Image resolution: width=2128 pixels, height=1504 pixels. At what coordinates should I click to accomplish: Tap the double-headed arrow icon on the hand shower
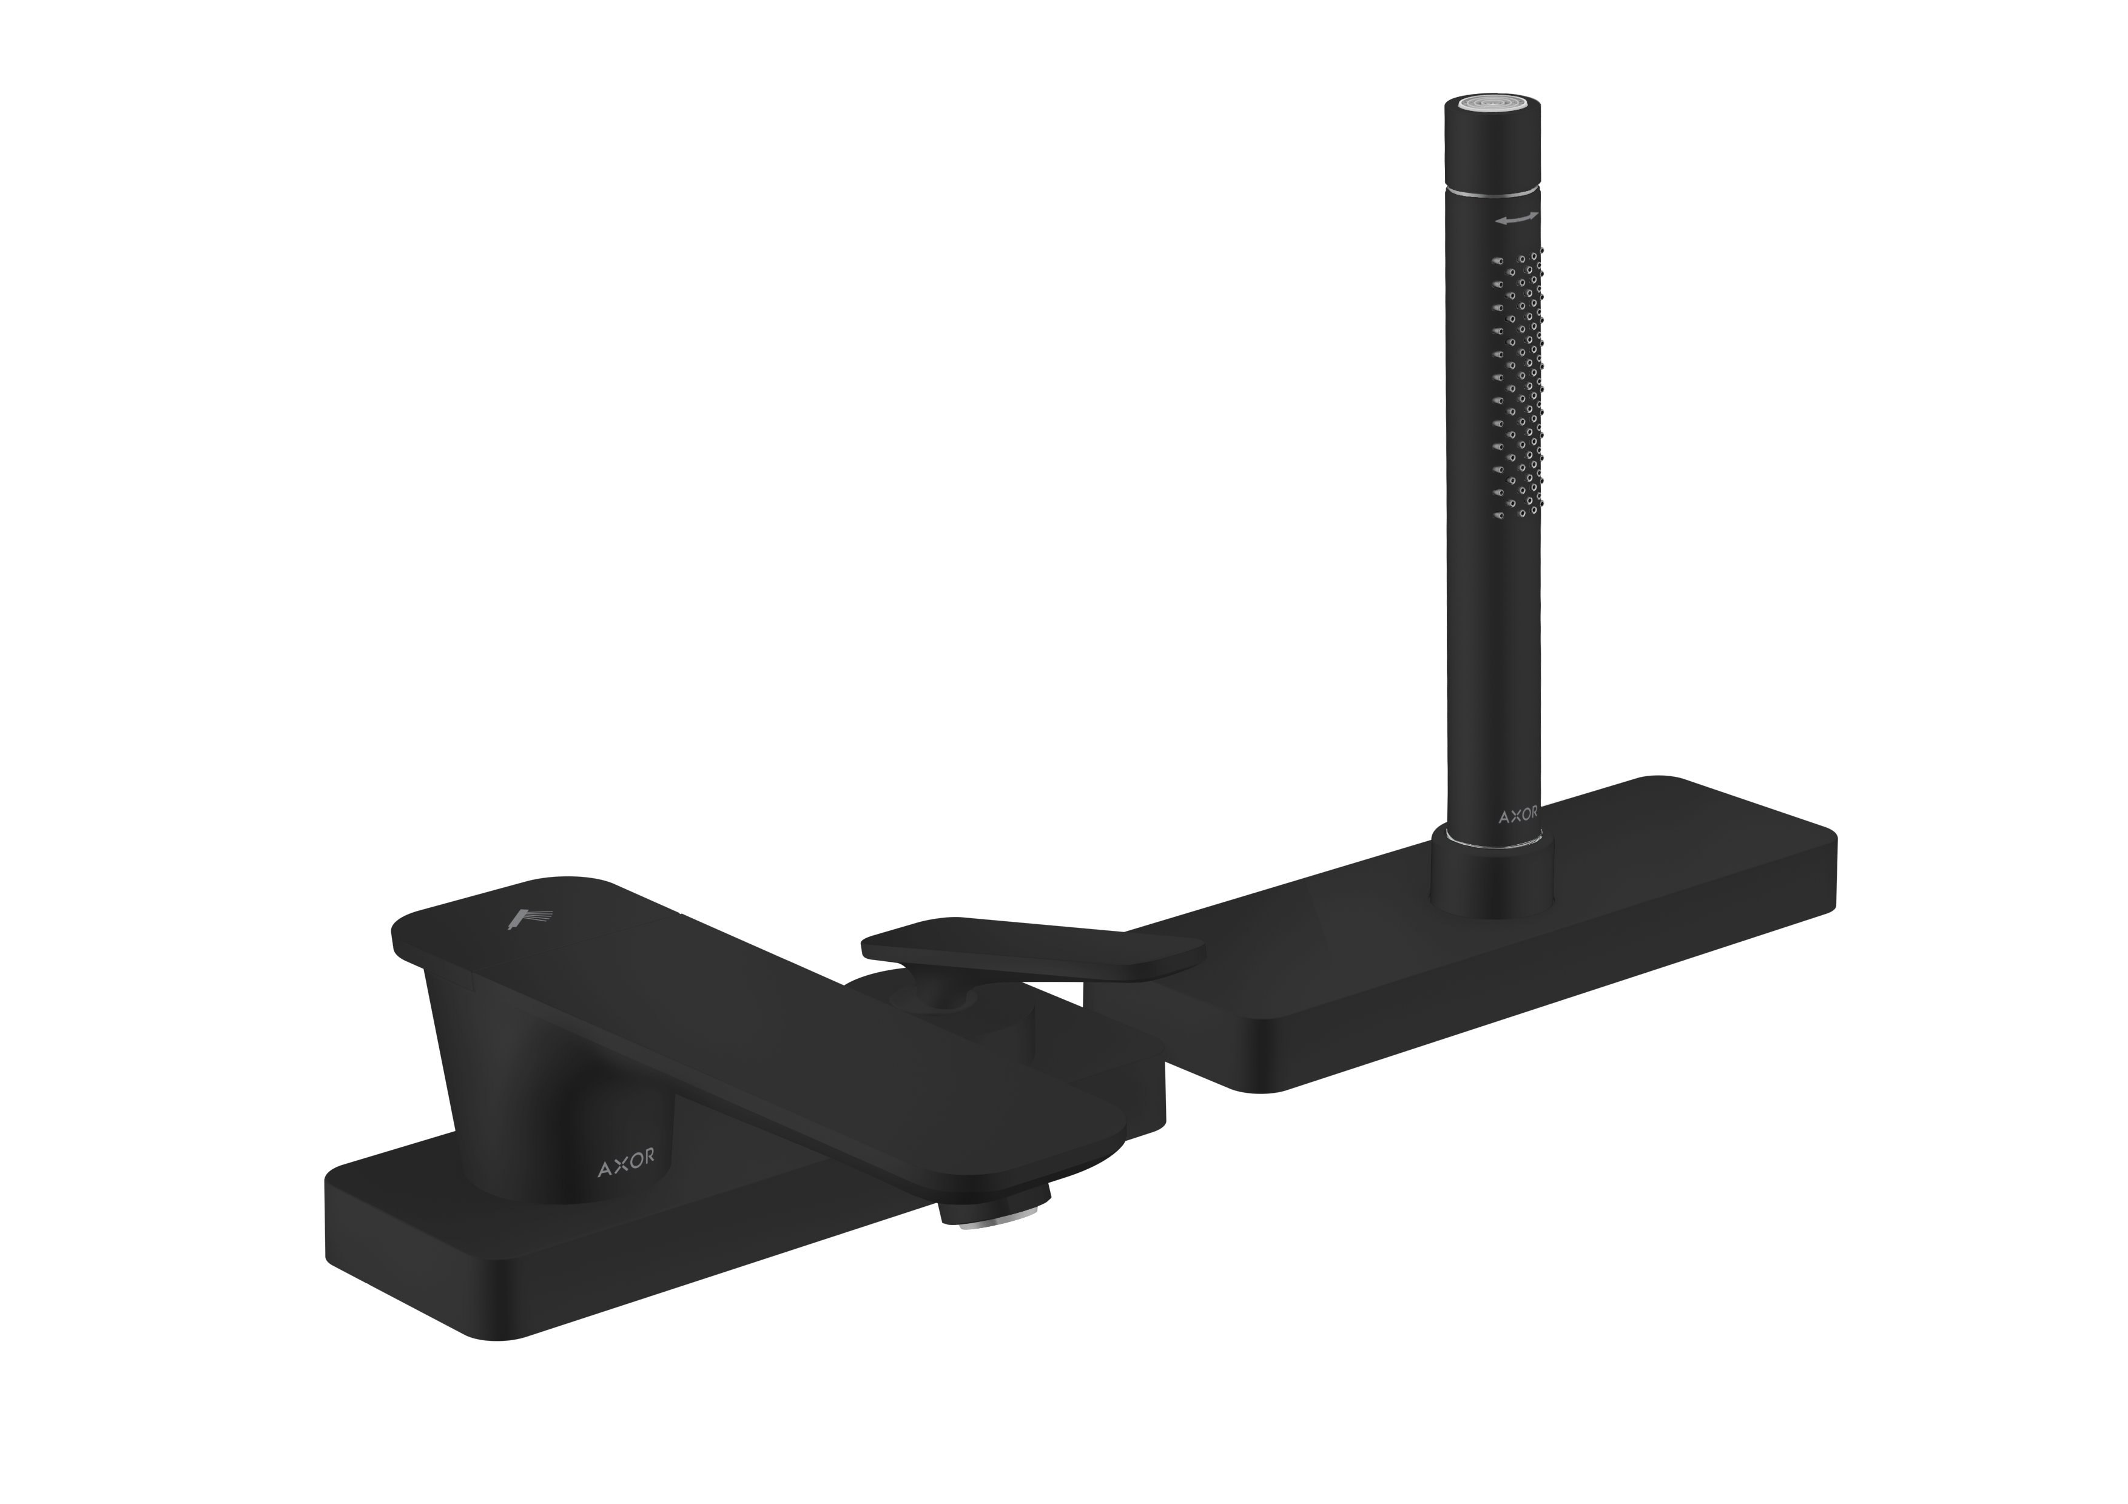pyautogui.click(x=1517, y=219)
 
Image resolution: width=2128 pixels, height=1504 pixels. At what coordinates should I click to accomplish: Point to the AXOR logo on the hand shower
pyautogui.click(x=1519, y=814)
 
